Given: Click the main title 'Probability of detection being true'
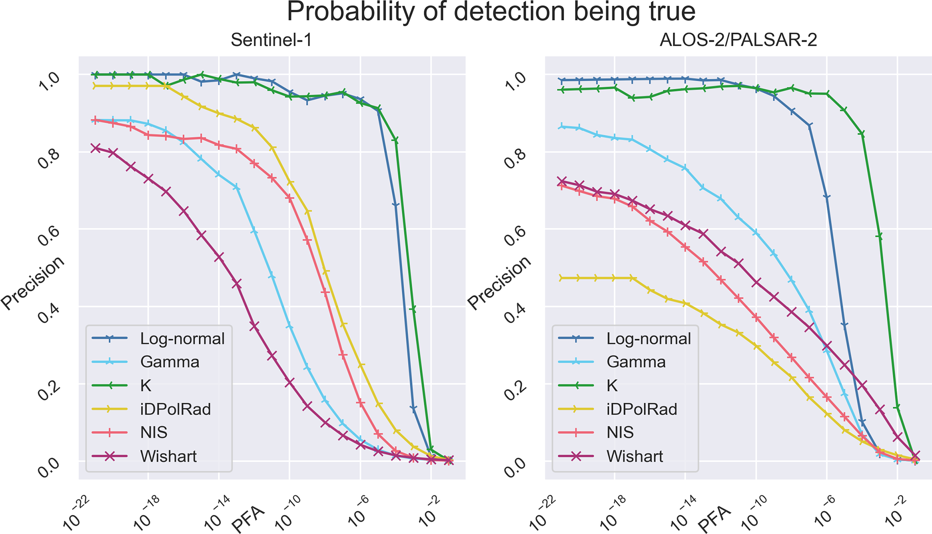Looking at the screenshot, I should pyautogui.click(x=491, y=12).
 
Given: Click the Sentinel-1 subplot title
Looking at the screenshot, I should pyautogui.click(x=271, y=41).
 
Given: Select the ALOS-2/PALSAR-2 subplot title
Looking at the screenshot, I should pyautogui.click(x=738, y=41).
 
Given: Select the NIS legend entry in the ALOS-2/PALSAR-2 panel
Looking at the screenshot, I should pyautogui.click(x=620, y=433).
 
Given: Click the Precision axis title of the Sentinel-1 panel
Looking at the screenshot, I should pyautogui.click(x=32, y=283).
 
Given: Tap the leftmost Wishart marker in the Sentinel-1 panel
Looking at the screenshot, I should pyautogui.click(x=95, y=148).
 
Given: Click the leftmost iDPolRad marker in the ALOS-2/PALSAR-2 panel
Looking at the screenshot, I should pyautogui.click(x=561, y=278).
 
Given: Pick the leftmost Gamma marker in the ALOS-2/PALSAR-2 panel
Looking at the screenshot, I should pyautogui.click(x=561, y=127).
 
